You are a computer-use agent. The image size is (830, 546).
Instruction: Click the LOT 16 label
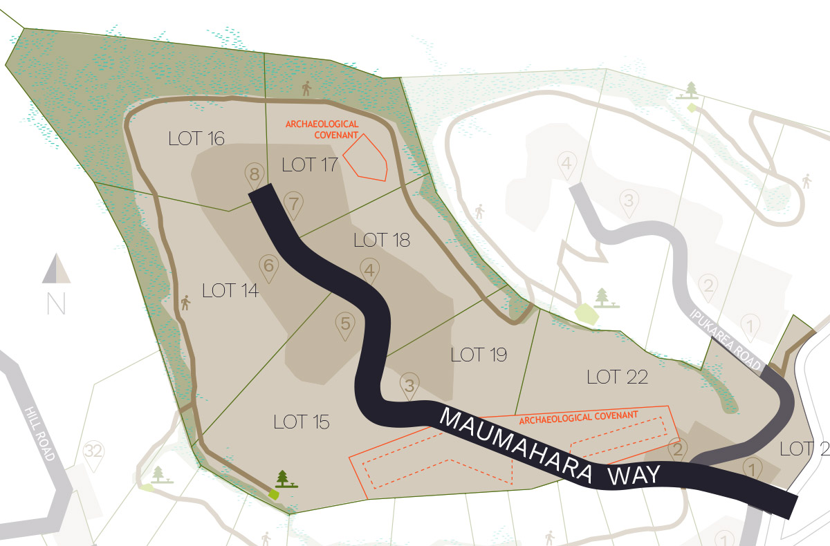tap(196, 139)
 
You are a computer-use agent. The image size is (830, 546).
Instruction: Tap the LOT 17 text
tap(308, 164)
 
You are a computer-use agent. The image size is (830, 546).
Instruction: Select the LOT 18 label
tap(381, 241)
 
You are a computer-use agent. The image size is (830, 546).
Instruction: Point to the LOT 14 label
tap(230, 291)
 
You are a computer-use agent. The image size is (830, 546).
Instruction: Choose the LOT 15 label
tap(301, 422)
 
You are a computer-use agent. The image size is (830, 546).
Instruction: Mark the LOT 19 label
tap(479, 355)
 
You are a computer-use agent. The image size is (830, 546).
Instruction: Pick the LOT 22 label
tap(617, 377)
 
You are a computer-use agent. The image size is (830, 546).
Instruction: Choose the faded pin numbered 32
tap(93, 453)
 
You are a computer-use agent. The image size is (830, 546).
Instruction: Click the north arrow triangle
tap(56, 270)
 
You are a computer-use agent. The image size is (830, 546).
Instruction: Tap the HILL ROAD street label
tap(39, 433)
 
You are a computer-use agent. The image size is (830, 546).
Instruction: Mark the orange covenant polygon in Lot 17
tap(366, 158)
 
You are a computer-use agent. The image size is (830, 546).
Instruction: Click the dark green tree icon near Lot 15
tap(283, 478)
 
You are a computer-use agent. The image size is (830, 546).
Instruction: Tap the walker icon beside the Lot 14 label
tap(185, 303)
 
